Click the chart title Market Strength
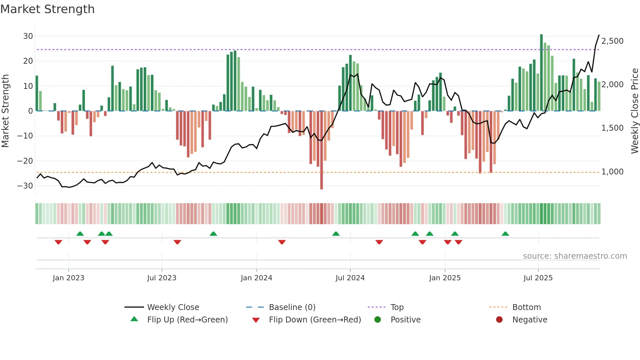[x=47, y=9]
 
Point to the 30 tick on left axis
[x=28, y=36]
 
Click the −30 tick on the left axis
[x=25, y=186]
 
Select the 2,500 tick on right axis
[x=612, y=41]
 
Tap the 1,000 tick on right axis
[x=612, y=172]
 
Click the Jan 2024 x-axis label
[x=256, y=278]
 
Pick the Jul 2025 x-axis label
[x=538, y=278]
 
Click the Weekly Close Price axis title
[x=634, y=111]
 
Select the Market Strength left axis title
[x=5, y=111]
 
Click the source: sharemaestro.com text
[x=575, y=256]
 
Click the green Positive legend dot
[x=378, y=320]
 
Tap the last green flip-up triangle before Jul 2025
[x=505, y=234]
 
